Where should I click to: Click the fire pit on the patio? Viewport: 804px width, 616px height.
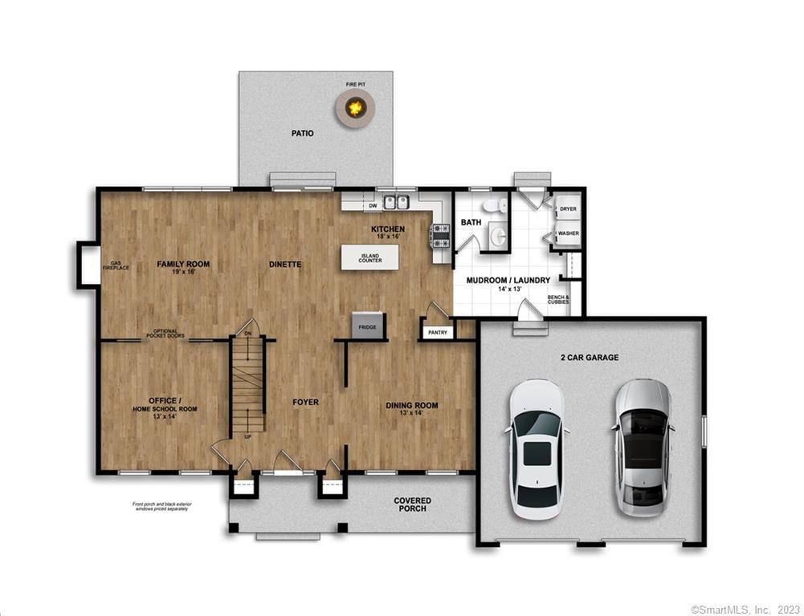point(355,107)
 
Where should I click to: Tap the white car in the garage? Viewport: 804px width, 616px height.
point(537,449)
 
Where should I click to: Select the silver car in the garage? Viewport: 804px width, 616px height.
point(643,447)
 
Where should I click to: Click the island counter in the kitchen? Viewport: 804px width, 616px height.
point(369,257)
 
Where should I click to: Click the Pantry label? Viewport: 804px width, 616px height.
point(438,332)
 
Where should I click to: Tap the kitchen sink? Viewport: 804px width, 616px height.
point(396,203)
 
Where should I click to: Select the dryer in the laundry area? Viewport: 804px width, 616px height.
point(568,209)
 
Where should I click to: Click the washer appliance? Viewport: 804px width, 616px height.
point(568,233)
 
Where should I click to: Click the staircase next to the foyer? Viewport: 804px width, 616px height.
point(248,385)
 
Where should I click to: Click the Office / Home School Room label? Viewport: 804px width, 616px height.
point(164,404)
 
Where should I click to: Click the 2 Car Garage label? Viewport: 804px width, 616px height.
point(590,357)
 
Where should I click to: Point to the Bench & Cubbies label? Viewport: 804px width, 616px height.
point(558,300)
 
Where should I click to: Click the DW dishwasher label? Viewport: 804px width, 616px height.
point(373,206)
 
